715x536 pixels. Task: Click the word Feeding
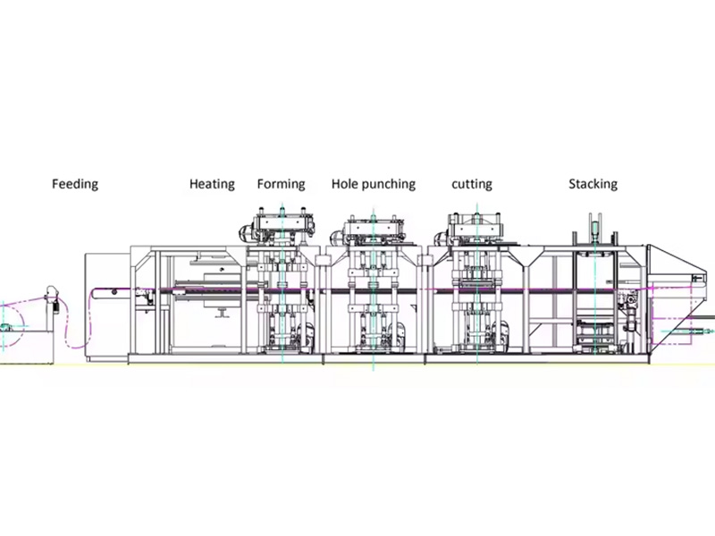tap(75, 184)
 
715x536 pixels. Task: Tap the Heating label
tap(212, 184)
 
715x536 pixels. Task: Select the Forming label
tap(281, 184)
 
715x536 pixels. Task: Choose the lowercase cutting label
tap(472, 184)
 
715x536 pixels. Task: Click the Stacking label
tap(593, 184)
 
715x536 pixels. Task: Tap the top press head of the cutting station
tap(476, 227)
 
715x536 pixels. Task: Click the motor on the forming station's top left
tap(247, 233)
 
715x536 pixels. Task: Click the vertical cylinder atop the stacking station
tap(594, 230)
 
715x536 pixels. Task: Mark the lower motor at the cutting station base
tap(500, 333)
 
